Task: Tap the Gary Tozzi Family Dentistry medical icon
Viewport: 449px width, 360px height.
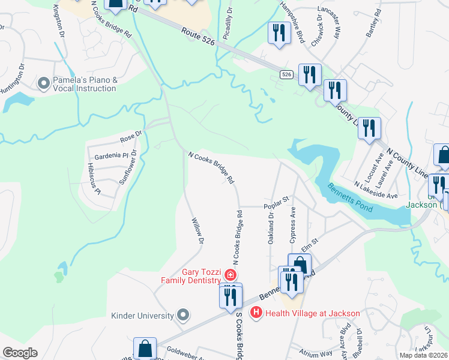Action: tap(229, 275)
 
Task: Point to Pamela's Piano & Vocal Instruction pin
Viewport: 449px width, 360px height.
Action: tap(44, 83)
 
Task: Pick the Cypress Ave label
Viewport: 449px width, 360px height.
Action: tap(293, 225)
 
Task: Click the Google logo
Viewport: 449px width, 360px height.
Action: tap(20, 352)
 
